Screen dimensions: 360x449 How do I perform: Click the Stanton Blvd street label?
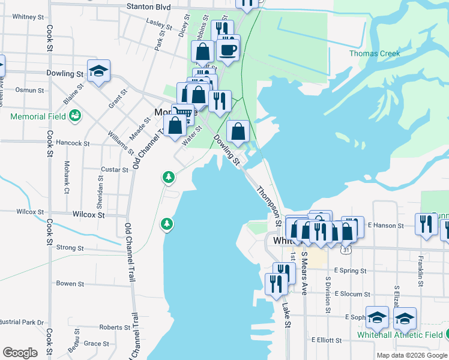coord(149,7)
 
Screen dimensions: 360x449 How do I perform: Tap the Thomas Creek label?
coord(375,53)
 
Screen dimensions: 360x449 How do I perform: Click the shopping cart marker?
coord(183,113)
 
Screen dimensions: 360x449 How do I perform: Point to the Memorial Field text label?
coord(38,116)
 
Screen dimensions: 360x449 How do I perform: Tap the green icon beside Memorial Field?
coord(75,115)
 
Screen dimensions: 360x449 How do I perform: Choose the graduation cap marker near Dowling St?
coord(98,73)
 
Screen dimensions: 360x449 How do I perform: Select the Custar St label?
coord(114,170)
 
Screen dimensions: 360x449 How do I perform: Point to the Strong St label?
coord(70,248)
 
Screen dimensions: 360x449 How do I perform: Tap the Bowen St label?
coord(70,283)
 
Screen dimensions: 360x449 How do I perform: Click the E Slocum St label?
coord(353,294)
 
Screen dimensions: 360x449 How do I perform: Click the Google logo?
coord(20,353)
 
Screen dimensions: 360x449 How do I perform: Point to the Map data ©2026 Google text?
coord(412,355)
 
